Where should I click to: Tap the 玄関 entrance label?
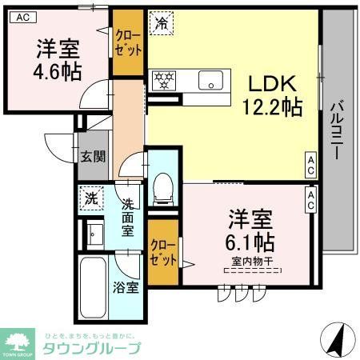(x=92, y=156)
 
